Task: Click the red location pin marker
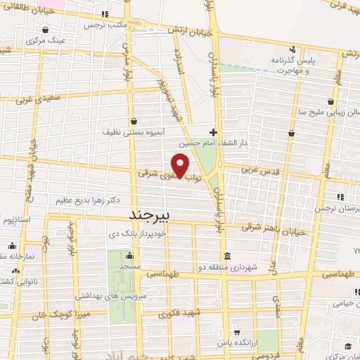[x=181, y=166]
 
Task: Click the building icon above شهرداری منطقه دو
[x=226, y=256]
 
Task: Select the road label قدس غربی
[x=256, y=169]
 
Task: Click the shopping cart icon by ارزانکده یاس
[x=238, y=332]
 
